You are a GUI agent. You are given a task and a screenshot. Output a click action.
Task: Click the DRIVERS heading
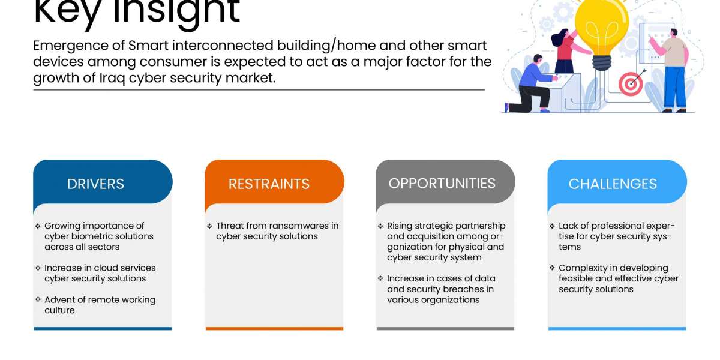click(x=95, y=184)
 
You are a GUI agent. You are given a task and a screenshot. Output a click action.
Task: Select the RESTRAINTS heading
click(x=269, y=184)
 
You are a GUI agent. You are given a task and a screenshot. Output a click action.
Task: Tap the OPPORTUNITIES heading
click(x=442, y=184)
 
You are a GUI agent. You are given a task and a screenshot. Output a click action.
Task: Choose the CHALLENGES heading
click(x=613, y=184)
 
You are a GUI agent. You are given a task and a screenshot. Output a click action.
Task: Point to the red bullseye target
click(x=631, y=84)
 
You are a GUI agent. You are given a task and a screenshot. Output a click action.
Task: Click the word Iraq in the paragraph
click(x=112, y=78)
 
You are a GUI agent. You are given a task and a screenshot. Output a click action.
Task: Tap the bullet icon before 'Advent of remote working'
click(x=38, y=299)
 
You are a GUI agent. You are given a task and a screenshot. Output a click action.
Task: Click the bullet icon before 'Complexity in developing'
click(x=552, y=268)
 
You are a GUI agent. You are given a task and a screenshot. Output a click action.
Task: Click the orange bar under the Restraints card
click(x=275, y=329)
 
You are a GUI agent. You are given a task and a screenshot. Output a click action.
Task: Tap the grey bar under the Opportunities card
click(x=445, y=329)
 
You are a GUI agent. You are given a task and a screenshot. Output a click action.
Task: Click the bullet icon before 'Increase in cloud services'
click(x=38, y=268)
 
